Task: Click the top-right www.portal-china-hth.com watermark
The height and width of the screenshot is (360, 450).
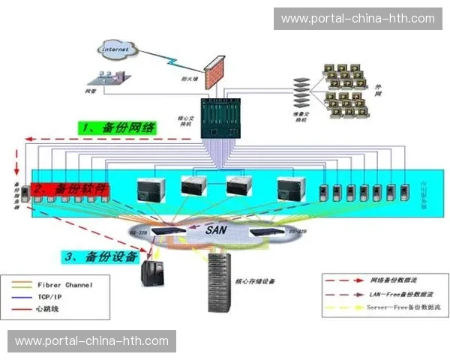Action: [x=357, y=19]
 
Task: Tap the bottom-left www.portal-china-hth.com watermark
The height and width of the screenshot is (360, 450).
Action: [x=92, y=341]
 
